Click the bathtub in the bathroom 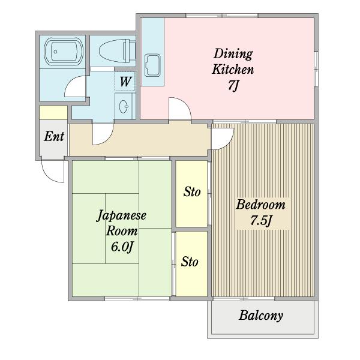[64, 52]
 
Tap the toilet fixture [117, 51]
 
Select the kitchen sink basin [152, 65]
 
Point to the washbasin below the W [124, 107]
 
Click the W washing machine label [125, 82]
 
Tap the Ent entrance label [54, 136]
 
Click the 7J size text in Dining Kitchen [233, 86]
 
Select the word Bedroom [260, 205]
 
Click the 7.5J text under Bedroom [261, 221]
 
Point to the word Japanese [121, 215]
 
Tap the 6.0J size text [122, 247]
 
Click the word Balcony [261, 316]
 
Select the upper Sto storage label [192, 192]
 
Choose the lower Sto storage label [190, 262]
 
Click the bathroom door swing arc [69, 83]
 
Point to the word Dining [233, 54]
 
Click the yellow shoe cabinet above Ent [53, 113]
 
